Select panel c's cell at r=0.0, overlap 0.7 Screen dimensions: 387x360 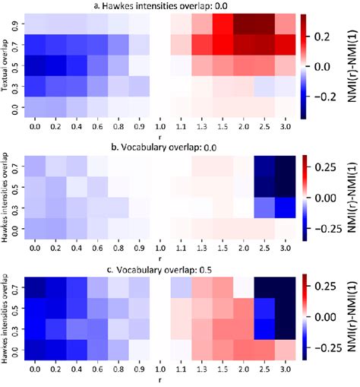(x=36, y=287)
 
